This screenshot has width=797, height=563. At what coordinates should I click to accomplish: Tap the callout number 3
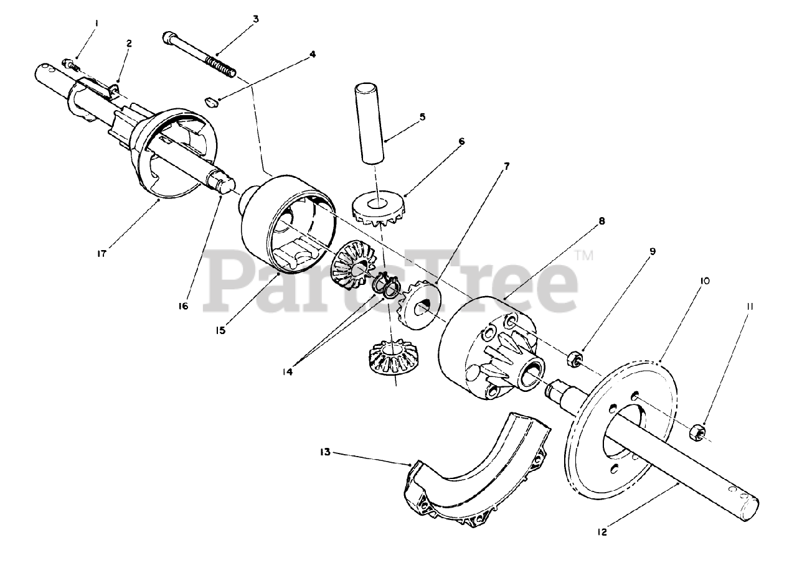click(x=255, y=19)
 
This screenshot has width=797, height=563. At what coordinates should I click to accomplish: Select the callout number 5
click(x=422, y=116)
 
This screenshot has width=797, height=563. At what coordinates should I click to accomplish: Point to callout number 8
click(x=601, y=221)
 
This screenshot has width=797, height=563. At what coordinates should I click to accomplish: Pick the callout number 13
click(x=325, y=452)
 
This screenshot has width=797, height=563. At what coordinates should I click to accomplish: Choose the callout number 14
click(x=287, y=372)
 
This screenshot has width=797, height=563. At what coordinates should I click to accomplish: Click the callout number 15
click(x=220, y=330)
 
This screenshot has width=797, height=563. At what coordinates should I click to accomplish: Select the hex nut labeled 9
click(x=574, y=360)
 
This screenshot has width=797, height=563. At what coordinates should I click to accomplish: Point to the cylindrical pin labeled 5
click(x=368, y=123)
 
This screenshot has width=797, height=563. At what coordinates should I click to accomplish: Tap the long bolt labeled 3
click(x=200, y=54)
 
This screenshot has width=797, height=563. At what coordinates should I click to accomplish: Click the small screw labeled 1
click(x=71, y=65)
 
